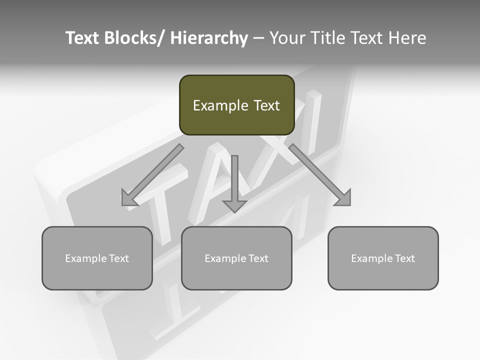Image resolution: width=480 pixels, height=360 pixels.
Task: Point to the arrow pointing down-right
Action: click(x=318, y=173)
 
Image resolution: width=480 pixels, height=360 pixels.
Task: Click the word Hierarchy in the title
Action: click(x=208, y=38)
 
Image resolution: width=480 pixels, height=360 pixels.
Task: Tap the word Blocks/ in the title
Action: click(x=133, y=38)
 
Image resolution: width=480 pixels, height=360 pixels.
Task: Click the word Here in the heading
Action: click(x=407, y=38)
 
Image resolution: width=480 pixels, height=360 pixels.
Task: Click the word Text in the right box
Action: click(x=404, y=258)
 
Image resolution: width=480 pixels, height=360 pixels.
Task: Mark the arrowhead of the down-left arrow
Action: click(x=128, y=198)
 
